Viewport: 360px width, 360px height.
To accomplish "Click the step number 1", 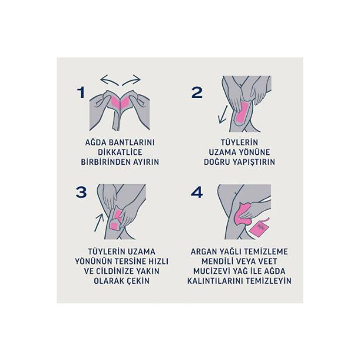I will pyautogui.click(x=81, y=92).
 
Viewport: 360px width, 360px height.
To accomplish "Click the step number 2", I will pyautogui.click(x=197, y=92).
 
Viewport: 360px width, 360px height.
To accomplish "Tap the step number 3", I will pyautogui.click(x=81, y=193).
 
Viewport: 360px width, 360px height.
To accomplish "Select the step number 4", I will pyautogui.click(x=197, y=193).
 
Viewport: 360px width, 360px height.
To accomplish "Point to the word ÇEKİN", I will pyautogui.click(x=137, y=280).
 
